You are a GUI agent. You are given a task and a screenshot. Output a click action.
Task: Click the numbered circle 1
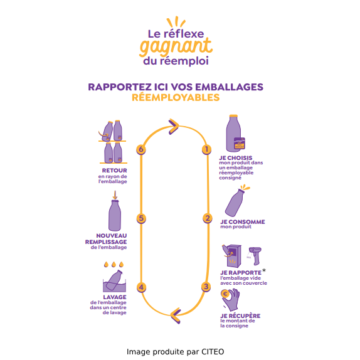(x=206, y=149)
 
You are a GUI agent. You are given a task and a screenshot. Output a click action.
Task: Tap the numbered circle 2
(x=208, y=218)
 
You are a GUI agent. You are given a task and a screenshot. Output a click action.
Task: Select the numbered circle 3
(x=206, y=287)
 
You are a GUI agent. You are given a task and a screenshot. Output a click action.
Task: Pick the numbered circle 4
(x=141, y=287)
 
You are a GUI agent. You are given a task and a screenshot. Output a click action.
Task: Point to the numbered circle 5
(x=141, y=218)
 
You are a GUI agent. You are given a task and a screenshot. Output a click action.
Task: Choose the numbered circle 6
(x=141, y=149)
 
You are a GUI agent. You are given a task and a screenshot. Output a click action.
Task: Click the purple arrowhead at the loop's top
(x=174, y=127)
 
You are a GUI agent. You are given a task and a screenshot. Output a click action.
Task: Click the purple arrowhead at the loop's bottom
(x=176, y=316)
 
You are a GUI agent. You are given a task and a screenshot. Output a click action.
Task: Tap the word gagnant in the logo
(x=176, y=48)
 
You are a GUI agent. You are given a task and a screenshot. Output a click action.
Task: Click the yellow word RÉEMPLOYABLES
(x=176, y=98)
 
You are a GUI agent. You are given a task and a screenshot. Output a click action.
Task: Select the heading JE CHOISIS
(x=236, y=158)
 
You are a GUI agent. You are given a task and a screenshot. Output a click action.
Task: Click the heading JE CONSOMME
(x=243, y=222)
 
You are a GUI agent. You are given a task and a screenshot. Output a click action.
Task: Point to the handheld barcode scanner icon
(x=255, y=255)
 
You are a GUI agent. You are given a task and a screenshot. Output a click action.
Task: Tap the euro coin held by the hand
(x=225, y=294)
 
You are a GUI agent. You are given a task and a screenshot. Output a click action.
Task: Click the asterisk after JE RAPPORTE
(x=264, y=270)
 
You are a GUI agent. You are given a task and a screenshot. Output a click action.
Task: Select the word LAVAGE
(x=115, y=297)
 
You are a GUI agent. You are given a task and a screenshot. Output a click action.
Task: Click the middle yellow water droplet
(x=114, y=265)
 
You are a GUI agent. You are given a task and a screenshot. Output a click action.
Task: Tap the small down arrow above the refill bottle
(x=115, y=195)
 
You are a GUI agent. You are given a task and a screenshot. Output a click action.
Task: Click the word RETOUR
(x=114, y=171)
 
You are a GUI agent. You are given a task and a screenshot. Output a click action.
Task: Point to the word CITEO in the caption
(x=213, y=352)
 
